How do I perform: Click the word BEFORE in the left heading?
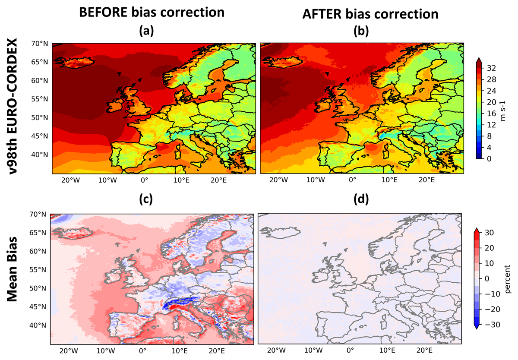(103, 12)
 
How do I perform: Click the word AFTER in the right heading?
(322, 14)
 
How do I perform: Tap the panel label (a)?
(146, 31)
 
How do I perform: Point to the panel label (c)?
(146, 199)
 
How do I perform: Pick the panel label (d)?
(361, 199)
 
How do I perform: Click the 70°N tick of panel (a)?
(40, 44)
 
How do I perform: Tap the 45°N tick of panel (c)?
(38, 307)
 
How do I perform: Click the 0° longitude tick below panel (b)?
(352, 180)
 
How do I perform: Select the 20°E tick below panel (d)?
(424, 351)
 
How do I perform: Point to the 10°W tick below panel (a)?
(107, 180)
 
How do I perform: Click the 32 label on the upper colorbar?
(491, 68)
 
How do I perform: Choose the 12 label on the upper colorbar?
(491, 125)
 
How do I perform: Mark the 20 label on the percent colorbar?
(489, 248)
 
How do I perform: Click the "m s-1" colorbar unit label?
(503, 111)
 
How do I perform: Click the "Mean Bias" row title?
(12, 269)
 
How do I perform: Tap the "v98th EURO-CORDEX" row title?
(12, 106)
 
